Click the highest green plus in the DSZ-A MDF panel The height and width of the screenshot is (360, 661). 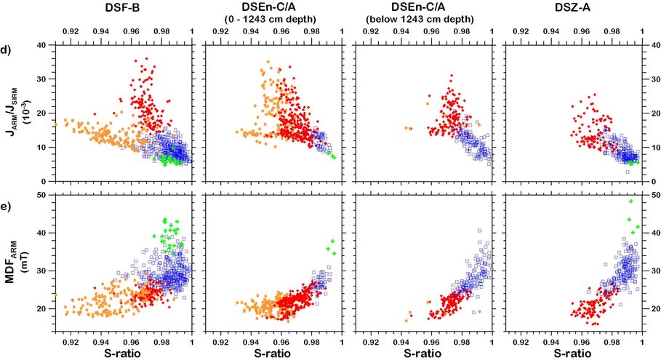coord(631,201)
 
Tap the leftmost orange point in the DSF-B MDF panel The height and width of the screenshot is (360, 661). coord(55,295)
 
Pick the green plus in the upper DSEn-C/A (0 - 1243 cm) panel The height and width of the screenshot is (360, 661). coord(333,156)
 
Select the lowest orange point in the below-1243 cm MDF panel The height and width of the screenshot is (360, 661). coord(406,320)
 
